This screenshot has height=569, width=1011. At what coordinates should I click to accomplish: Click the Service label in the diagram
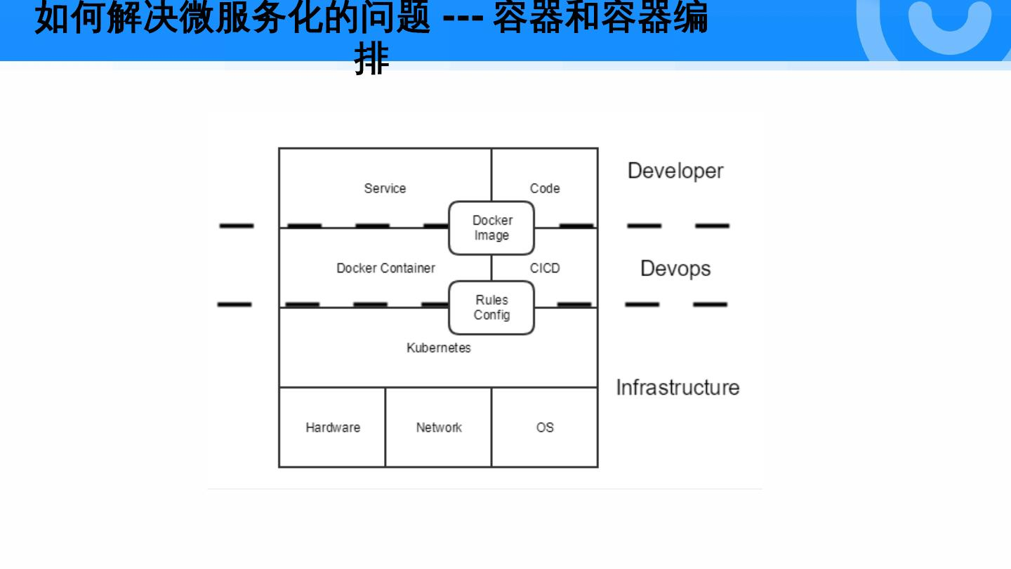pos(385,188)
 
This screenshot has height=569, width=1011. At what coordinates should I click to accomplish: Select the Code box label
pos(545,188)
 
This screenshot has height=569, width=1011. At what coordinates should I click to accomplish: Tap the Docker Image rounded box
pos(491,228)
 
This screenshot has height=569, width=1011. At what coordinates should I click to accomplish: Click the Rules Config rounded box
pos(491,308)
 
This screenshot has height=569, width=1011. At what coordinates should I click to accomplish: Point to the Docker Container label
pos(385,268)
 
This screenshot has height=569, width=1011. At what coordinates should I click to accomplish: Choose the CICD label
pos(545,268)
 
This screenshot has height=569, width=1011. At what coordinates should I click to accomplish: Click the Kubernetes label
pos(439,348)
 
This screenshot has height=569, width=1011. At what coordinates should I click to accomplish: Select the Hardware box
pos(332,427)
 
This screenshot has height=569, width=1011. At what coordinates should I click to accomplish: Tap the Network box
pos(439,427)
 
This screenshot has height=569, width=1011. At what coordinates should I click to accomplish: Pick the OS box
pos(545,427)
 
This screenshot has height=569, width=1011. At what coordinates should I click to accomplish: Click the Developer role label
pos(675,171)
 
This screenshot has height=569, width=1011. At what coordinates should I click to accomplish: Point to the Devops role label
pos(675,268)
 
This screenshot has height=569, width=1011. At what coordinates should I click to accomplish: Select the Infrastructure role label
pos(678,388)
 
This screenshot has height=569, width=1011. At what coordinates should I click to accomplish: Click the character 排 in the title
pos(371,60)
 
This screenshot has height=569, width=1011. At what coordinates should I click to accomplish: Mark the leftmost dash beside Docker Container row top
pos(237,225)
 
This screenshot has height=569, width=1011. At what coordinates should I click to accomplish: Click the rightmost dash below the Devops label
pos(711,305)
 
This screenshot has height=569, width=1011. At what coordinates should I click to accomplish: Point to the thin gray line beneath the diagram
pos(484,489)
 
